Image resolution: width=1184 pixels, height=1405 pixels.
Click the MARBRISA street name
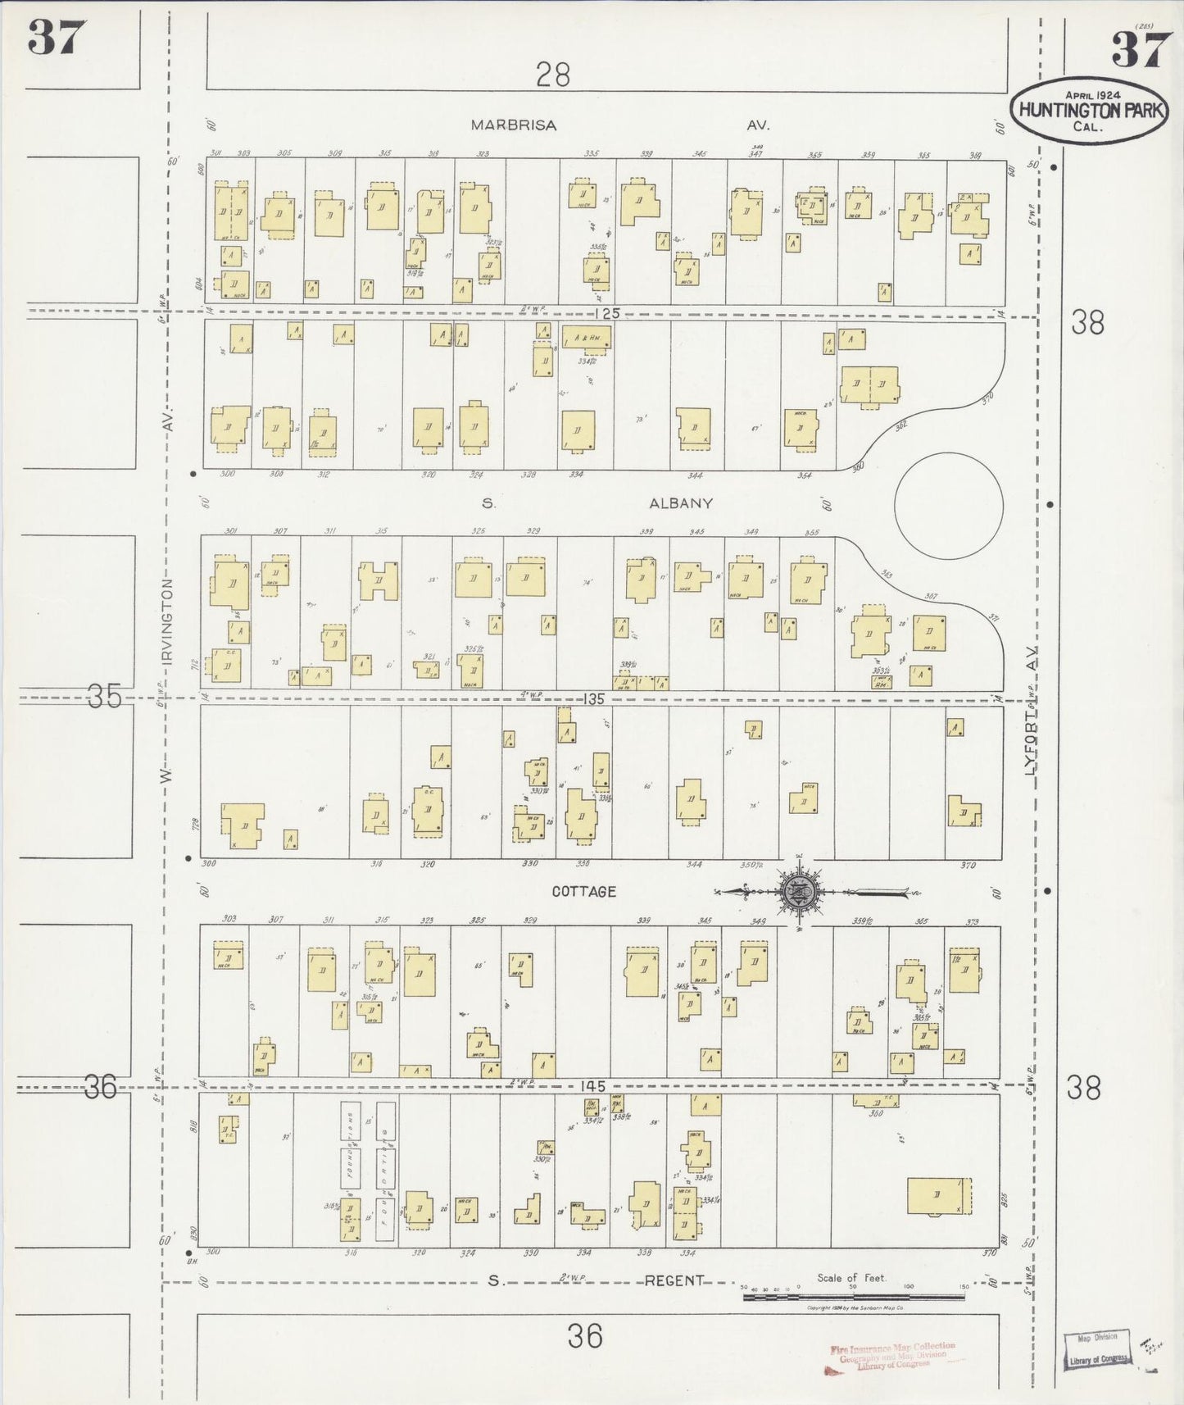513,125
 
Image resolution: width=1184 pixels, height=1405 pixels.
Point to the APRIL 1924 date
1093,95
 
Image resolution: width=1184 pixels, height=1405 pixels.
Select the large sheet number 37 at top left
57,38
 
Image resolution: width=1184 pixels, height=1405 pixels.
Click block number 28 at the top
553,75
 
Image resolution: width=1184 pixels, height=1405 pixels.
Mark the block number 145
592,1085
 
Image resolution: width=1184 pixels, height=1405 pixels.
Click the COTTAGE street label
583,891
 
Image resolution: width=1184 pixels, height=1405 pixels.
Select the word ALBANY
681,503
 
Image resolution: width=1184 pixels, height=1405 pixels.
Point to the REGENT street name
674,1280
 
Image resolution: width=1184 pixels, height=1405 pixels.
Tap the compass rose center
798,891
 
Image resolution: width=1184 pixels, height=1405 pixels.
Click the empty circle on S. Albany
948,506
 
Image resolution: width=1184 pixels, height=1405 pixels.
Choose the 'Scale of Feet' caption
851,1278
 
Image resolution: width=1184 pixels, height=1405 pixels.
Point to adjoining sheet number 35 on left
104,697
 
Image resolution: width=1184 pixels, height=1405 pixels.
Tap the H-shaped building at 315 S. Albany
379,581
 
